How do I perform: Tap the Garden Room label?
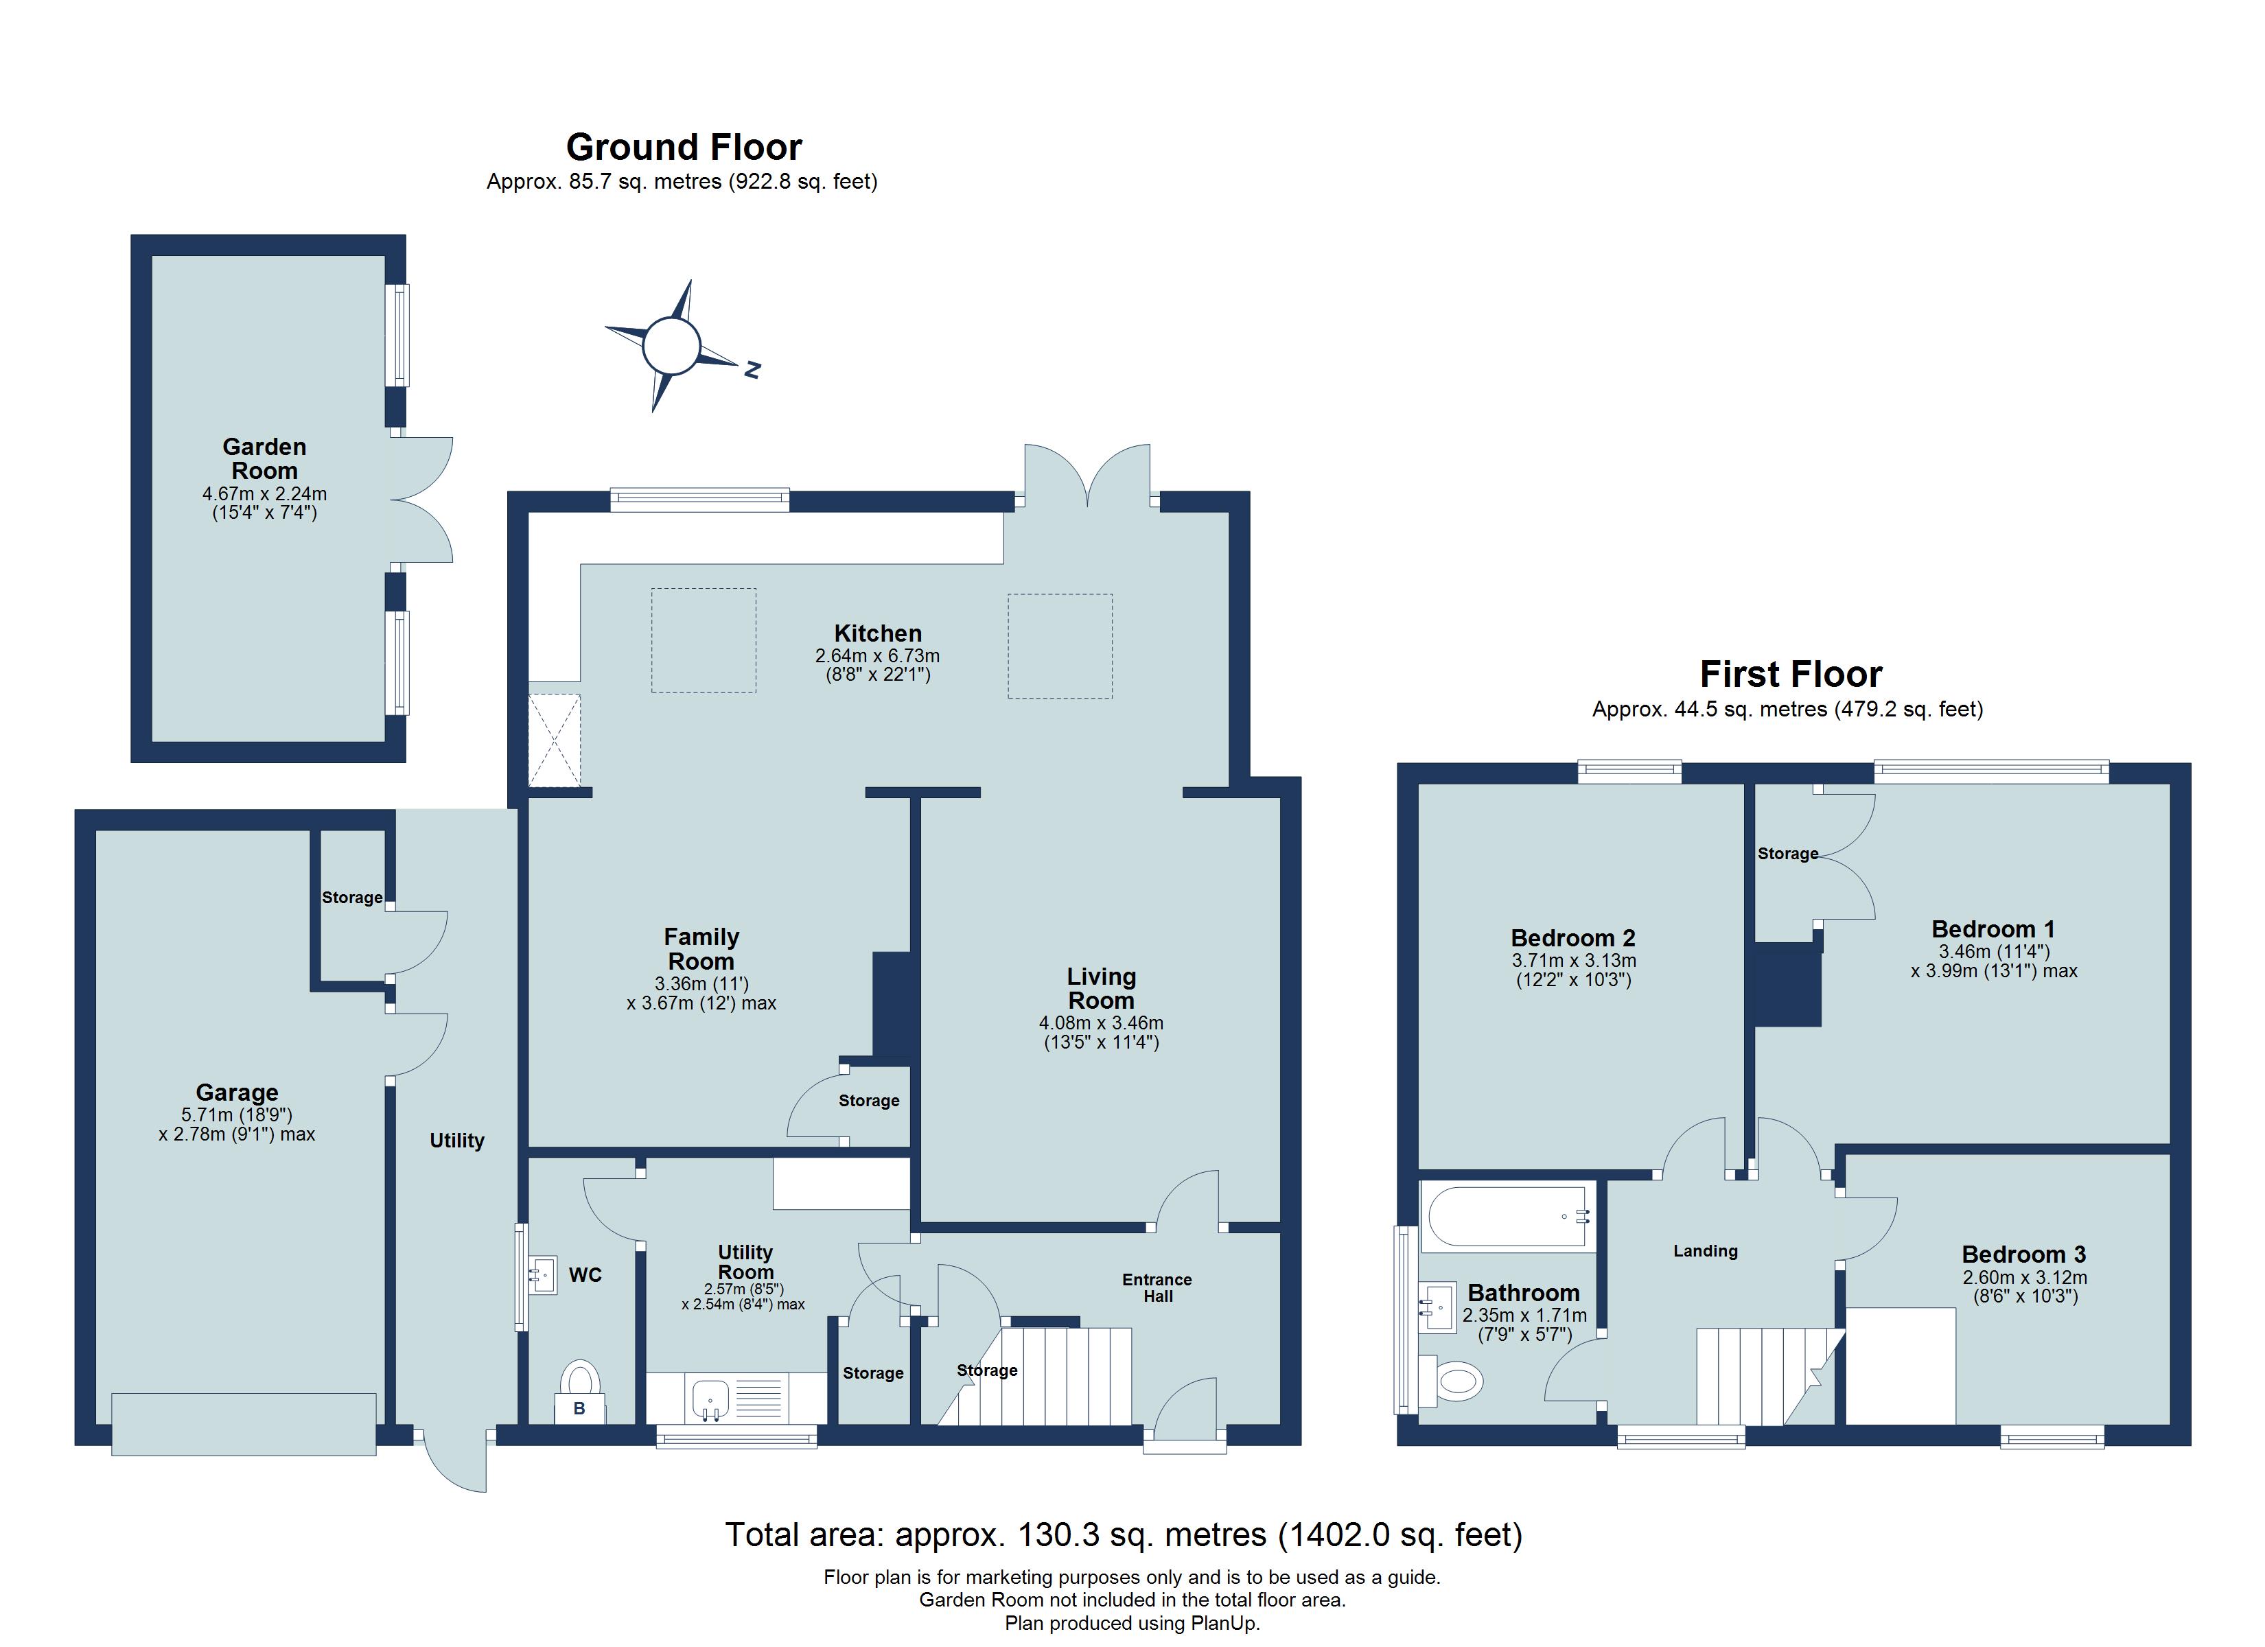265,458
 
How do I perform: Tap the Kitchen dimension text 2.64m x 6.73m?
877,656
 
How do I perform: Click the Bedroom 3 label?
2023,1254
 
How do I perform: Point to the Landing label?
1705,1250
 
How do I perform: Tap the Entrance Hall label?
1157,1287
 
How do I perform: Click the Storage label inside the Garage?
351,897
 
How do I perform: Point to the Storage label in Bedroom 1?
1787,853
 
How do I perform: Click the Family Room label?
701,949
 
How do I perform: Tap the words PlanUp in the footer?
1223,1623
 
